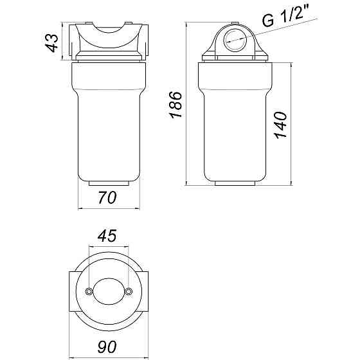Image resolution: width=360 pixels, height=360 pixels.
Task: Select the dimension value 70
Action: pos(108,198)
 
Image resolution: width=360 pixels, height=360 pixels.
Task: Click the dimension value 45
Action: pos(108,236)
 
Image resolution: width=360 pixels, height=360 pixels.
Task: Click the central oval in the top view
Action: pos(108,291)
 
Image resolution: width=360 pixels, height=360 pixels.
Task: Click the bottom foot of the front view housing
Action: pos(108,183)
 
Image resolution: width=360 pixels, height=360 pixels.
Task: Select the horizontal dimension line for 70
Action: pos(108,208)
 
